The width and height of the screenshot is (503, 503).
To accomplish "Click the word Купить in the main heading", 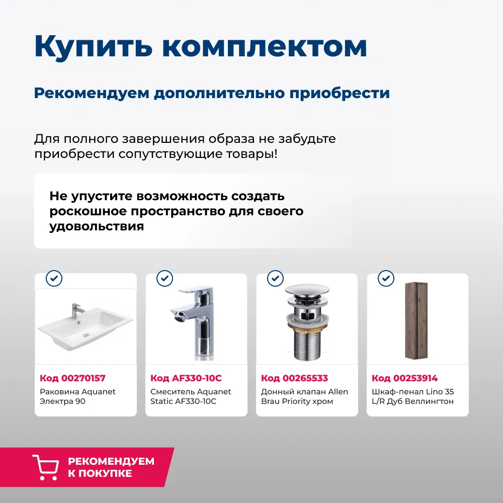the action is click(x=94, y=46).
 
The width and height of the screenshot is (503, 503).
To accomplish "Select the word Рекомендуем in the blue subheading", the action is click(x=92, y=93).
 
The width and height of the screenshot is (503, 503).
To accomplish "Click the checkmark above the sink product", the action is click(x=54, y=278).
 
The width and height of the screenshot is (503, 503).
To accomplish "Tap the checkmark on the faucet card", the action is click(x=165, y=278).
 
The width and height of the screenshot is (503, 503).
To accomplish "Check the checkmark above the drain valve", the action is click(x=276, y=278).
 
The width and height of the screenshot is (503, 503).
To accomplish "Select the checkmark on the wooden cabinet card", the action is click(x=386, y=278).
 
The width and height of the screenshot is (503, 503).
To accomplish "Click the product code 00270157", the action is click(x=83, y=378).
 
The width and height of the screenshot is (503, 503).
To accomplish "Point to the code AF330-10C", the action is click(x=197, y=378).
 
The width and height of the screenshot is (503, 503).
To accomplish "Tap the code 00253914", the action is click(x=415, y=378).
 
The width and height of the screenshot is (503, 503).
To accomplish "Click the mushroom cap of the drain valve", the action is click(x=307, y=290).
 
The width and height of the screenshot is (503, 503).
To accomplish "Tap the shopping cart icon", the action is click(x=46, y=467).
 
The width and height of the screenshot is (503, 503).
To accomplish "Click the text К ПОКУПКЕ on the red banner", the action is click(x=100, y=473).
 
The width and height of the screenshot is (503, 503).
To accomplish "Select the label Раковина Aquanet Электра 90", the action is click(x=77, y=396).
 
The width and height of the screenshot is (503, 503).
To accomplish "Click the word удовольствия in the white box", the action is click(x=97, y=226).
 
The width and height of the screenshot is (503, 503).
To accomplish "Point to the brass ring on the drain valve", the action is click(x=308, y=326).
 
